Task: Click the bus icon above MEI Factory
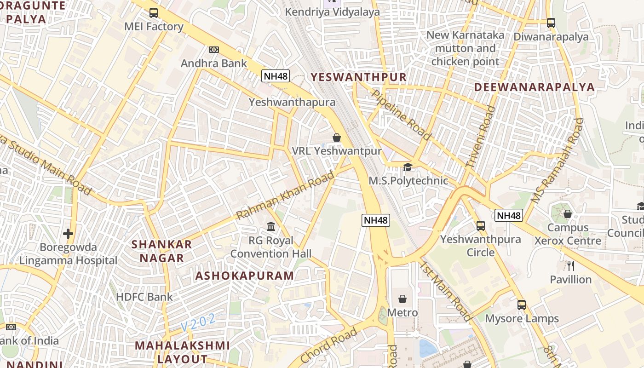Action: [x=154, y=13]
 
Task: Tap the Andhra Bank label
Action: [x=213, y=63]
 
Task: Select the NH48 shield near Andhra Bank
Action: [x=276, y=76]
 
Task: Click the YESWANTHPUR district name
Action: [x=359, y=77]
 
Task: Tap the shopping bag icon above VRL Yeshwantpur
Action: [x=337, y=138]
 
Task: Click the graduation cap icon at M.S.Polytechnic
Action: [x=408, y=167]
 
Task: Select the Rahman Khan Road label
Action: [x=285, y=195]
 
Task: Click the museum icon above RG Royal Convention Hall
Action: [x=271, y=227]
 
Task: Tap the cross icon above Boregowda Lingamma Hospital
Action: [x=68, y=234]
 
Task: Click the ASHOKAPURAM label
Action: [x=244, y=276]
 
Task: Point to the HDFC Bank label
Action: [x=144, y=297]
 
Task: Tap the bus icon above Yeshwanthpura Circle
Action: [x=481, y=226]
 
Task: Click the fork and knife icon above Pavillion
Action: [x=571, y=266]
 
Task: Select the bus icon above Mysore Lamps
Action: [x=522, y=305]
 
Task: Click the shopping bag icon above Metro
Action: [x=402, y=299]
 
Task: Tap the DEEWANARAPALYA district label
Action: [x=534, y=87]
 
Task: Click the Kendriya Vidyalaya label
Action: [x=333, y=12]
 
